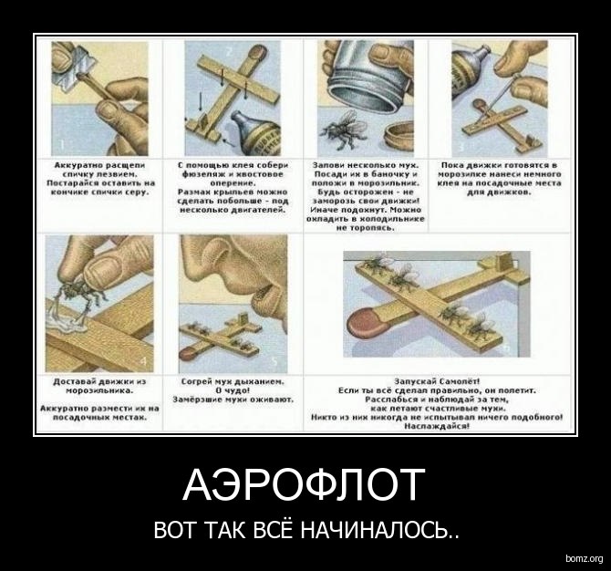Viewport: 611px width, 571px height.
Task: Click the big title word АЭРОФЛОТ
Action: pyautogui.click(x=304, y=485)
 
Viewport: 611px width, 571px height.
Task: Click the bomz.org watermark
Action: pyautogui.click(x=583, y=557)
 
